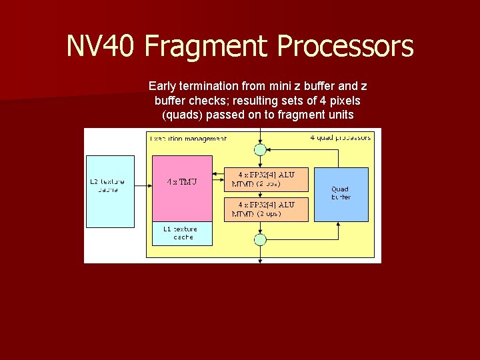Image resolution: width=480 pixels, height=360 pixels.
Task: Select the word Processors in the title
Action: click(345, 47)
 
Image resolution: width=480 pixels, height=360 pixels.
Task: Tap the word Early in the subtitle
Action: click(163, 86)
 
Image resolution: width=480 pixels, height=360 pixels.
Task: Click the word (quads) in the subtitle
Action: click(183, 115)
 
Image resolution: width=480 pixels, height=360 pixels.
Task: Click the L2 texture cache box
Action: click(110, 191)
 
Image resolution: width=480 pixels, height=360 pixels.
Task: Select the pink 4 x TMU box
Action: click(182, 188)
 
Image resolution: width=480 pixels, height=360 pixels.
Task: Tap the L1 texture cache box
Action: click(182, 233)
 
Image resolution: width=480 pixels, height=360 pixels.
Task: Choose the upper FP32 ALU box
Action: click(266, 179)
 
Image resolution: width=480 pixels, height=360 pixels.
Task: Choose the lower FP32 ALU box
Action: click(266, 209)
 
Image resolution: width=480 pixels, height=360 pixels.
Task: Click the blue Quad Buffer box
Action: click(341, 194)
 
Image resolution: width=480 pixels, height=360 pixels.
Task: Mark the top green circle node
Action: click(261, 149)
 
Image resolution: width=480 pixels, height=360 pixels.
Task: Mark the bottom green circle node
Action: click(261, 239)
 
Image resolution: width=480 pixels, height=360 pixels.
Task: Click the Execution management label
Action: click(188, 139)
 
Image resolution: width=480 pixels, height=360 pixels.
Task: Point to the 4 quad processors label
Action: click(341, 137)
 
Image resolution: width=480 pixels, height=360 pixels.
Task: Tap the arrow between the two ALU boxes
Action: click(261, 194)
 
